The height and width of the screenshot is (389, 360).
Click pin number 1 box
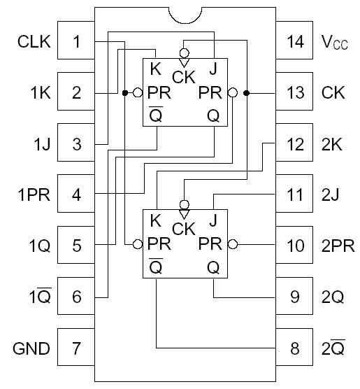point(77,42)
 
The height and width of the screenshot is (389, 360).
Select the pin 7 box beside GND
point(77,348)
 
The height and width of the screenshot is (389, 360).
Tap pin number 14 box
point(295,42)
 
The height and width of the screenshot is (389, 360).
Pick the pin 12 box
point(295,144)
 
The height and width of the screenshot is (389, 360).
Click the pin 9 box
point(295,297)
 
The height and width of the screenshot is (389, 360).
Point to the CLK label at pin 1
point(34,42)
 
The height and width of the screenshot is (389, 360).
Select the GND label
point(33,348)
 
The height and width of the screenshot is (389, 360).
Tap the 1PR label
point(34,195)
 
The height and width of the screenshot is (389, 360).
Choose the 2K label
point(332,144)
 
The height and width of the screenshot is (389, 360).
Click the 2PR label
point(338,246)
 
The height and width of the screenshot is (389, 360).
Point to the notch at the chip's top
point(184,15)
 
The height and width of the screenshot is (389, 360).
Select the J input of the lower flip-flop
point(213,222)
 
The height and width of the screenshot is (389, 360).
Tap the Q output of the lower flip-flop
point(213,267)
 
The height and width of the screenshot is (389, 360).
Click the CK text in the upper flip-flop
point(184,77)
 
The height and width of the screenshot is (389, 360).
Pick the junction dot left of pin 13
point(247,92)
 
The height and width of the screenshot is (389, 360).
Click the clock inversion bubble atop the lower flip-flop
point(184,204)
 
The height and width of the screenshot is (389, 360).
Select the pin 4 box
point(77,195)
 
